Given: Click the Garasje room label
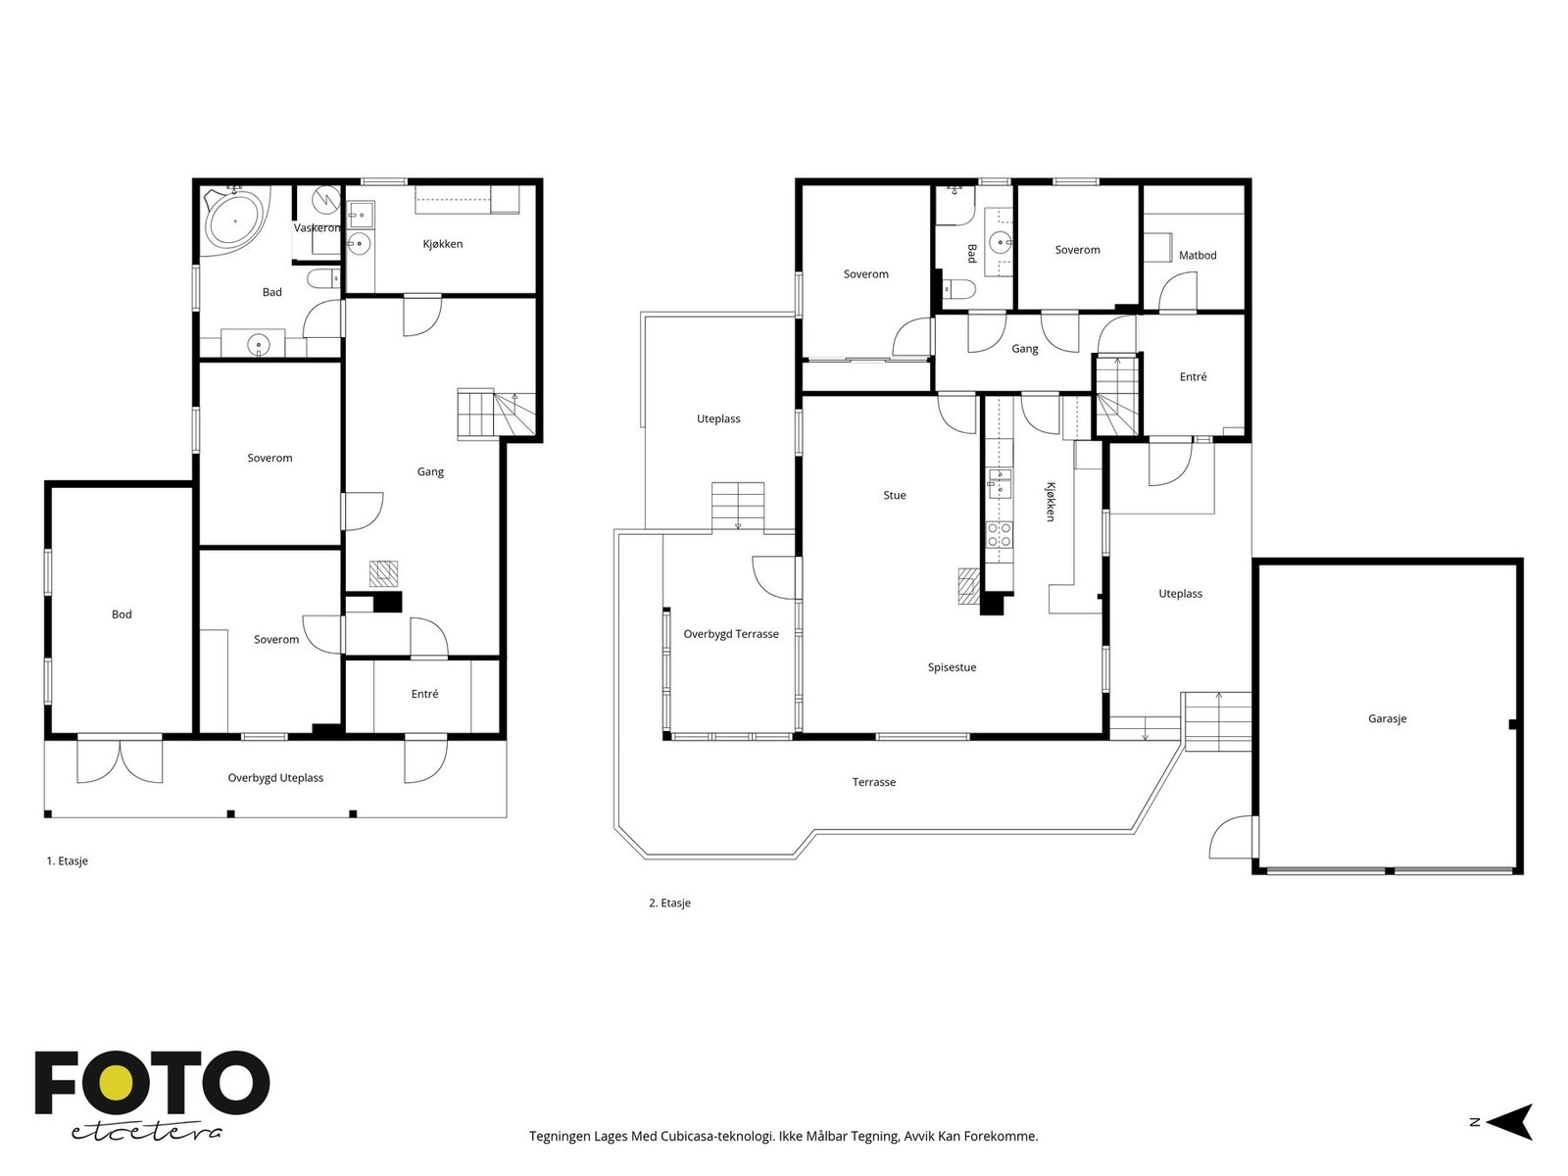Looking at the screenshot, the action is pos(1387,718).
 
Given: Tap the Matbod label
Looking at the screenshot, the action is pos(1198,255).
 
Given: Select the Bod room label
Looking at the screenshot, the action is pos(122,614).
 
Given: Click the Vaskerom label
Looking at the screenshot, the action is pos(317,227).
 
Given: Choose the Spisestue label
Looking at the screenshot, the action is pos(952,667).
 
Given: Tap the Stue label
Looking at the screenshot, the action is pos(895,495).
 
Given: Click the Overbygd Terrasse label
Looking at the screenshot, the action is pos(731,634).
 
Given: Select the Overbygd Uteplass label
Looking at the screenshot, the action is pos(275,777).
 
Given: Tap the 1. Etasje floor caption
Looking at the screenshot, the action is pos(68,860).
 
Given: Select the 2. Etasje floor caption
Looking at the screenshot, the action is pos(669,903).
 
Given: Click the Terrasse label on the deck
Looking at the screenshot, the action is pos(873,782).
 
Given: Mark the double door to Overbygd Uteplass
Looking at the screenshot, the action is pos(120,759).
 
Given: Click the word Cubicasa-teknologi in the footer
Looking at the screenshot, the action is pos(717,1136).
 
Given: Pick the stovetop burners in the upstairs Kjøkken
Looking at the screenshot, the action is pos(999,534).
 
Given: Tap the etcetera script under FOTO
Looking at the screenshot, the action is pos(146,1133).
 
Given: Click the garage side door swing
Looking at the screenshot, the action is pos(1232,837).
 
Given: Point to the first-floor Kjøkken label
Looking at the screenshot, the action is pos(442,243).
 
